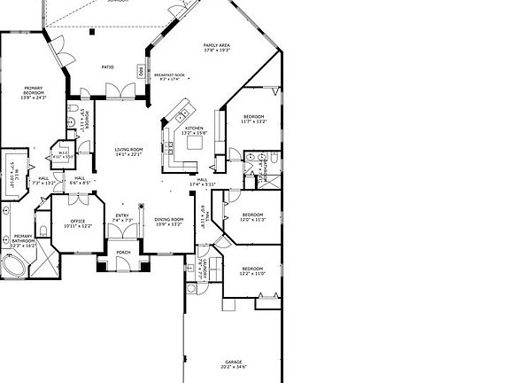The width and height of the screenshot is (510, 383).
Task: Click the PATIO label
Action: pyautogui.click(x=107, y=66)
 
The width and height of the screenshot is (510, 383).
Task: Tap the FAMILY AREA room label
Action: pyautogui.click(x=217, y=48)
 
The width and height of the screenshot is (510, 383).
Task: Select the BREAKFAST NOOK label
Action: pyautogui.click(x=169, y=77)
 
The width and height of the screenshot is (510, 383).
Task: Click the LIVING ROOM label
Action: pyautogui.click(x=128, y=152)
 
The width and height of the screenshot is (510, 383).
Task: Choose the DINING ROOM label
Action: pyautogui.click(x=169, y=222)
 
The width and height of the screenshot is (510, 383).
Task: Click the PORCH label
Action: pyautogui.click(x=124, y=253)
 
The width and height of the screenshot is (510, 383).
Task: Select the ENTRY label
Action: pyautogui.click(x=122, y=217)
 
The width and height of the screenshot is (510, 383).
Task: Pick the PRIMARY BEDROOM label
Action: pyautogui.click(x=34, y=93)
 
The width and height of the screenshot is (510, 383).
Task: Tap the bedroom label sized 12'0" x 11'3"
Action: pyautogui.click(x=253, y=217)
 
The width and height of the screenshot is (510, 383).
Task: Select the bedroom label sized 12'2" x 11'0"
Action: pyautogui.click(x=253, y=270)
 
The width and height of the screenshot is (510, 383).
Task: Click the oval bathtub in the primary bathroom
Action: pyautogui.click(x=15, y=266)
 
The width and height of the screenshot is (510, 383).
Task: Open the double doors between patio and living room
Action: pyautogui.click(x=115, y=90)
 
